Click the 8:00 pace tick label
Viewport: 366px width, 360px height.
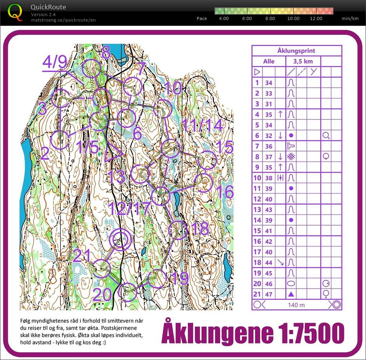point(270,18)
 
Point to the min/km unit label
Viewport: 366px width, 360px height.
point(350,18)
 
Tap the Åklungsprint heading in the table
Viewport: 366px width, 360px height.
point(296,51)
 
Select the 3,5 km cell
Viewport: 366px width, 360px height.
point(301,61)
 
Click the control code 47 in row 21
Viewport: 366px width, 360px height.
point(268,294)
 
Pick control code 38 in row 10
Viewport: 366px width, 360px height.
point(268,178)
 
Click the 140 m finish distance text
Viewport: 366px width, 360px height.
point(297,305)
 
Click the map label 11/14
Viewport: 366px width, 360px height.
point(202,126)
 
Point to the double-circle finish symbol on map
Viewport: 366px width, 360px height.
point(121,240)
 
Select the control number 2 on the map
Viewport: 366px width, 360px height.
point(45,154)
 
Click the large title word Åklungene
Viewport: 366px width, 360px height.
point(217,333)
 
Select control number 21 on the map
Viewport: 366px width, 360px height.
point(82,256)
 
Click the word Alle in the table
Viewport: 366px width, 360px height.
point(268,61)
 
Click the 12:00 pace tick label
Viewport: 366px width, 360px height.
point(316,18)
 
